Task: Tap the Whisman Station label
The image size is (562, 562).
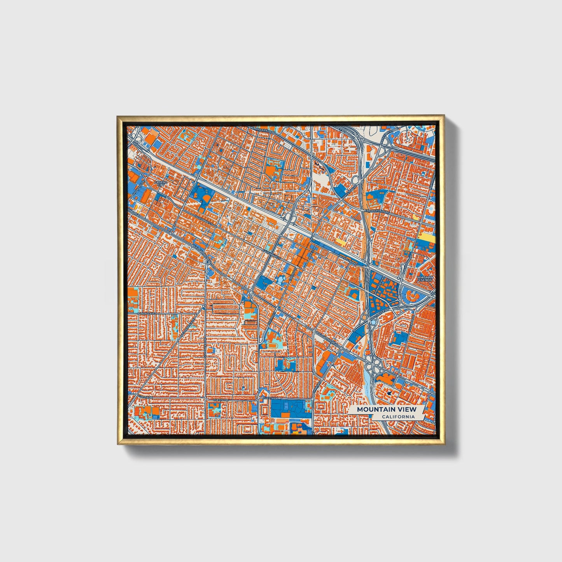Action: [x=425, y=278]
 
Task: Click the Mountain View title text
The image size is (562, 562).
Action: [x=386, y=409]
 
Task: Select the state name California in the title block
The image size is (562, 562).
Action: [x=397, y=417]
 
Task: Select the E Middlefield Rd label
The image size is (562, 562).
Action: [x=376, y=211]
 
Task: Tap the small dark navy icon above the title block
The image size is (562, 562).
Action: [x=390, y=393]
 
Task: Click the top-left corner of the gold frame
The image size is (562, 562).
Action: [x=117, y=116]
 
